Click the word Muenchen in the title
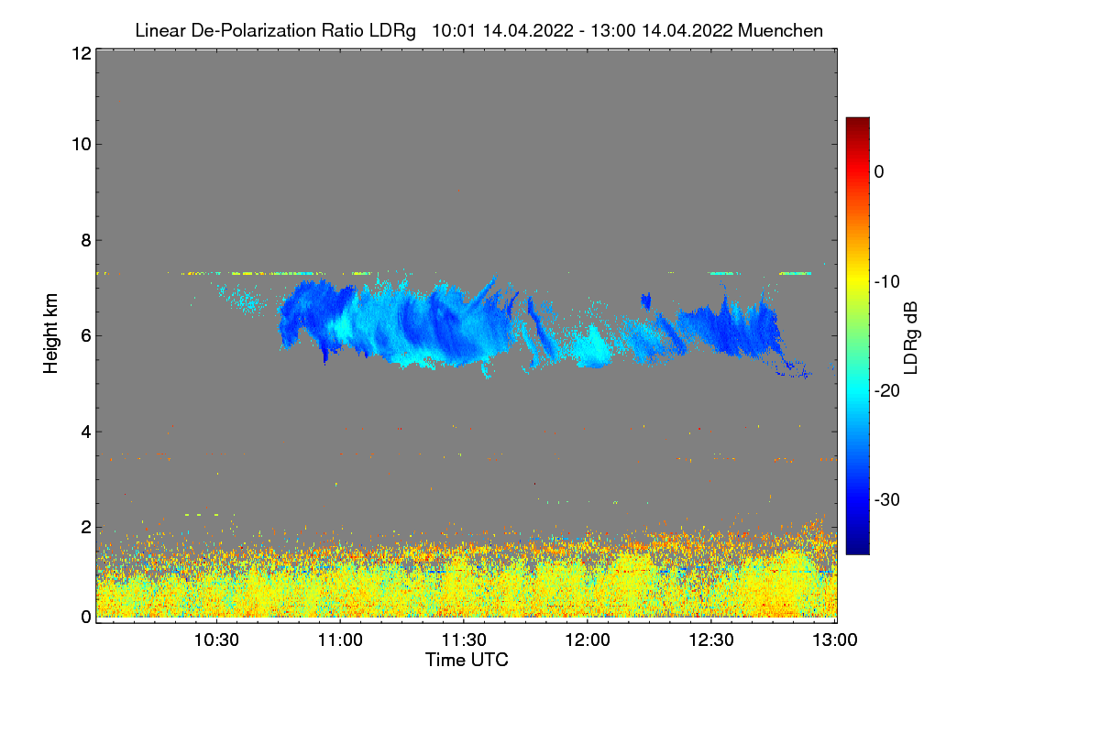pos(780,31)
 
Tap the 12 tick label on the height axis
pos(81,53)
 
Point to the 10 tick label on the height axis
pos(81,144)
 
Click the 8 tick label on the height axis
pos(86,240)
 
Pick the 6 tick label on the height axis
pos(86,335)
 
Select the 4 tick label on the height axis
pos(86,432)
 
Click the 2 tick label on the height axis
pos(86,527)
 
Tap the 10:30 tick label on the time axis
pos(216,640)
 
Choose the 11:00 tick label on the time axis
pos(340,640)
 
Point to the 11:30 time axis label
pos(464,640)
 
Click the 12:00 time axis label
pos(588,640)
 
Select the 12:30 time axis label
pos(711,640)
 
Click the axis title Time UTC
pos(467,660)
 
